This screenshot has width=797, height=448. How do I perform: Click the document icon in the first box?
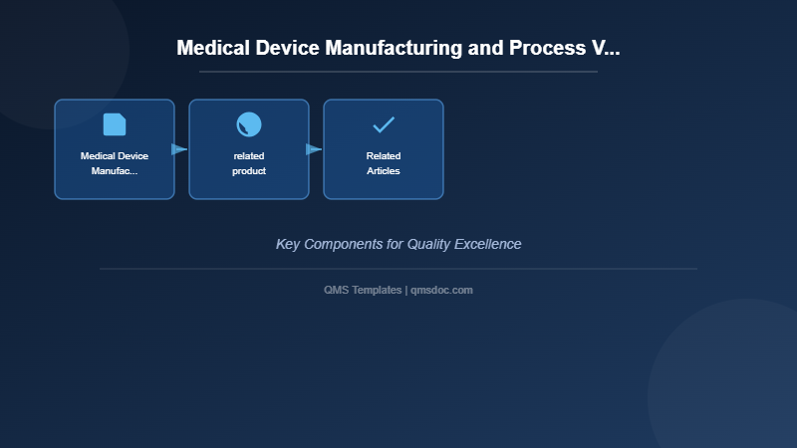115,124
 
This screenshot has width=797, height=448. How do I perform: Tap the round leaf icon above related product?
249,124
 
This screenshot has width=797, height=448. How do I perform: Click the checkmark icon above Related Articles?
384,124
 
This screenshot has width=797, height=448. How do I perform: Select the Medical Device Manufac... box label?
115,163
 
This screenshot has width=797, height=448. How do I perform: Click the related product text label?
249,163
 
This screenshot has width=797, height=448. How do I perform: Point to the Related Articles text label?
384,163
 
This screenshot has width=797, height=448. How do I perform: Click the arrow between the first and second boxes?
179,149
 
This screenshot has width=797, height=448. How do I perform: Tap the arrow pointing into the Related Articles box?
314,149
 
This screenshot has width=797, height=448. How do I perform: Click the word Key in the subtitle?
288,244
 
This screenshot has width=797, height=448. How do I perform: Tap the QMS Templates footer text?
363,290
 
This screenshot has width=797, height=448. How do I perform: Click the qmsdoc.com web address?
441,290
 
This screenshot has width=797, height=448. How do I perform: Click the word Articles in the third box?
384,171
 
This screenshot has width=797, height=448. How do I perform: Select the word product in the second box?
249,171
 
